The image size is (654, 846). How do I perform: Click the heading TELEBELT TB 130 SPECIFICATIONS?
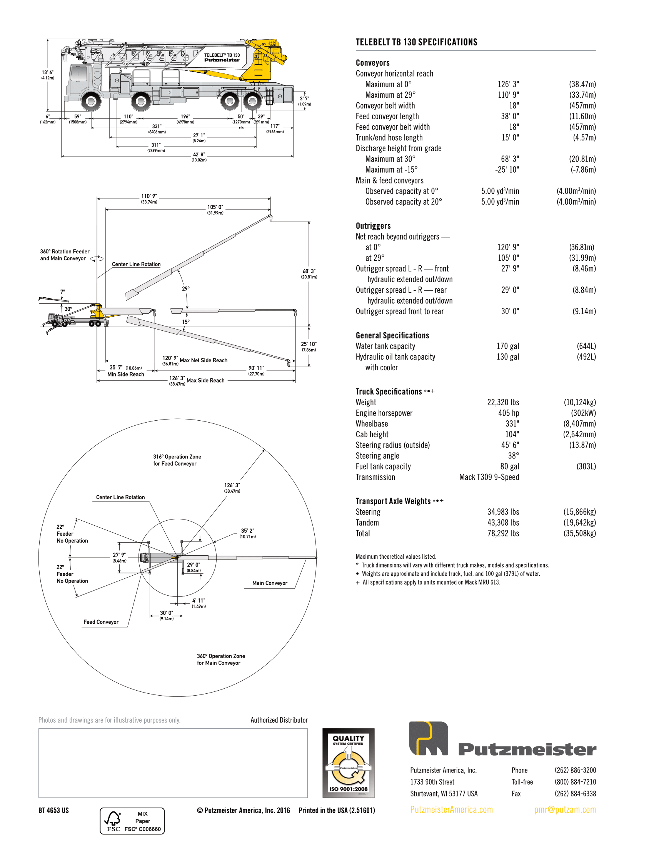[416, 42]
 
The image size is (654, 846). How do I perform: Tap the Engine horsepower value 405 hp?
[508, 413]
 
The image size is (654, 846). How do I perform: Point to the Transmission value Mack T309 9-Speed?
[489, 477]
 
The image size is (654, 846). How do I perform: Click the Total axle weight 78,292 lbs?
[503, 533]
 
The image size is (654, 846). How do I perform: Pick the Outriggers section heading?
[373, 226]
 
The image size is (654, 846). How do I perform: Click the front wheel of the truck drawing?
[91, 102]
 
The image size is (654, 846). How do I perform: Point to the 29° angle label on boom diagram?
[185, 288]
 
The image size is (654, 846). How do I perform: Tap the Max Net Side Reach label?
[204, 360]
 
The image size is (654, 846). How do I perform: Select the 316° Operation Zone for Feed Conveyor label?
[177, 460]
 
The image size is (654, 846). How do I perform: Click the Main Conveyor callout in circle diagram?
[270, 583]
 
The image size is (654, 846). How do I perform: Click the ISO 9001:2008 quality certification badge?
[348, 763]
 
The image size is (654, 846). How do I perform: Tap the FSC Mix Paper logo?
[132, 821]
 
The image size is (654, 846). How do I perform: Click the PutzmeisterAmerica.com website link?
[451, 809]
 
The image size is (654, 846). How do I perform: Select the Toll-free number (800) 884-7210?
[575, 782]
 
